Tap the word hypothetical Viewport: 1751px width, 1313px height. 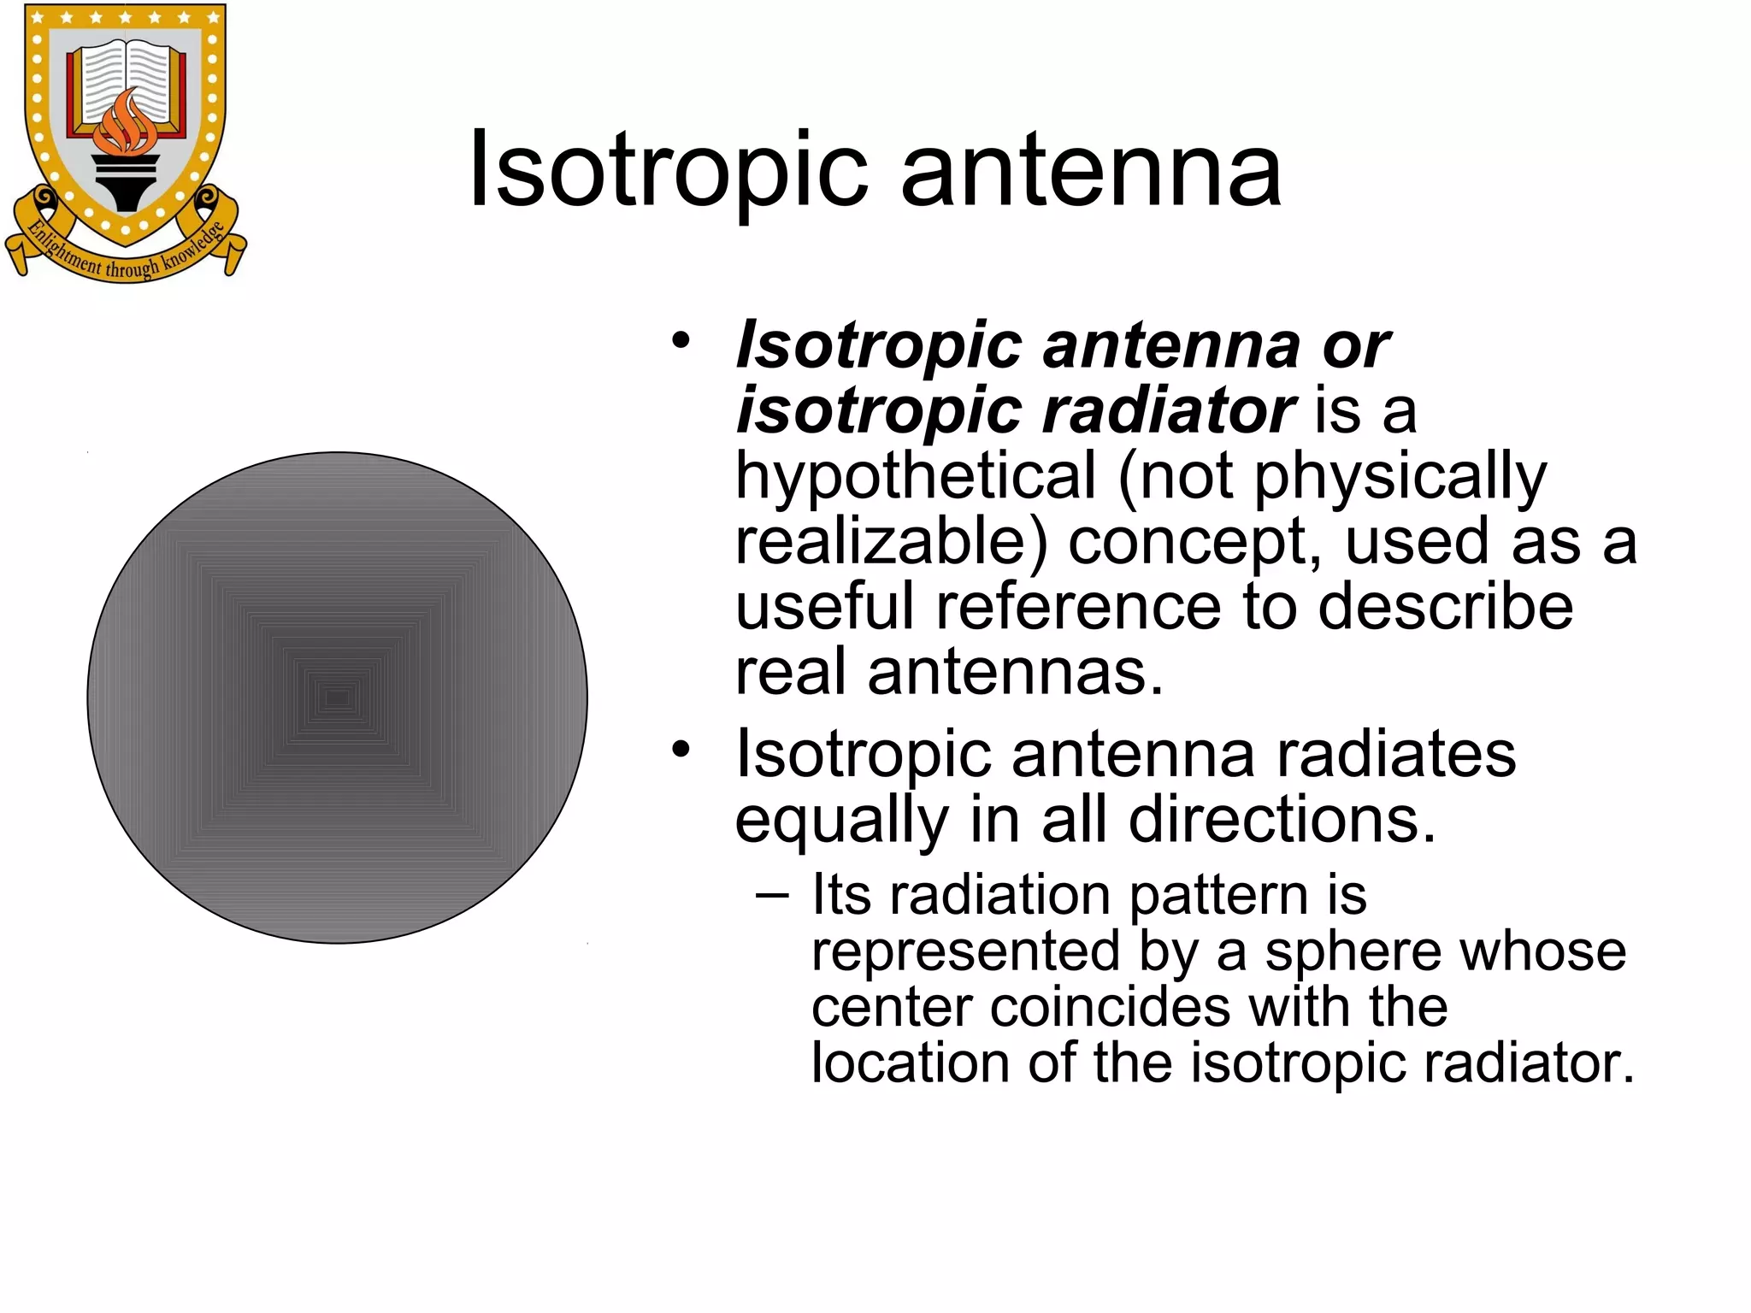[916, 476]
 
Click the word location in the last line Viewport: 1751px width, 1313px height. [911, 1063]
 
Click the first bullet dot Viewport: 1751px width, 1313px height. [681, 341]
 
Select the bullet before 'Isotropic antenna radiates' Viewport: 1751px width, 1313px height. [681, 750]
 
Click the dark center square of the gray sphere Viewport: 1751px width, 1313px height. [338, 698]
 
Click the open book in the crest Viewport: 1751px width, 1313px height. [127, 77]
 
